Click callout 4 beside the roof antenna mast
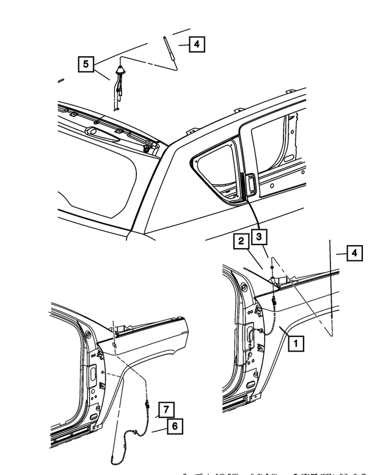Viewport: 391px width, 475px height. click(x=196, y=44)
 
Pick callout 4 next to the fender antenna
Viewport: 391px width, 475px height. click(x=354, y=252)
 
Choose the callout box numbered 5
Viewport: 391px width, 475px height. click(x=86, y=64)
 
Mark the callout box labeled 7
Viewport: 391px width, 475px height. click(x=166, y=408)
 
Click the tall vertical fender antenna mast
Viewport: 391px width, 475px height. click(x=332, y=287)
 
